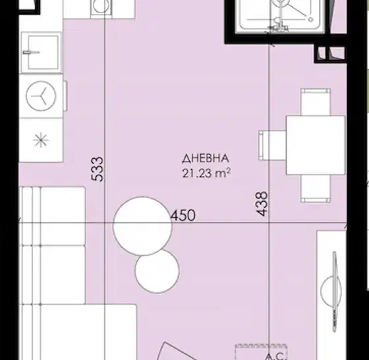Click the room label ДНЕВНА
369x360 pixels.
tap(206, 158)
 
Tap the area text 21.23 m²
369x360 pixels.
tap(206, 173)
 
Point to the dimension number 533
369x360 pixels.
tap(98, 169)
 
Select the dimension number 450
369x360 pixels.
tap(183, 215)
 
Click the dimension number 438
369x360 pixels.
tap(262, 204)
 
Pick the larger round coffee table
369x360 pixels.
tap(142, 226)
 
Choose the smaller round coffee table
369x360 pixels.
tap(157, 271)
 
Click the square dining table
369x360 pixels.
tap(316, 145)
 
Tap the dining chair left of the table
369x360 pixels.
tap(272, 146)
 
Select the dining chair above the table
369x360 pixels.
tap(316, 102)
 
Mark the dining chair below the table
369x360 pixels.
tap(316, 189)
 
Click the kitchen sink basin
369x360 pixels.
tap(43, 53)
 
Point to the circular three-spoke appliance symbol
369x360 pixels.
tap(41, 96)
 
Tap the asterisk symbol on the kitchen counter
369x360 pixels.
tap(41, 140)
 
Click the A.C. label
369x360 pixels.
tap(275, 356)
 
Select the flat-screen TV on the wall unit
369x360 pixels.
tap(335, 291)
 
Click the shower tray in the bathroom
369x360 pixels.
tap(280, 14)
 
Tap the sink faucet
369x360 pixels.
tap(31, 52)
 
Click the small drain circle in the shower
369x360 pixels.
tap(310, 20)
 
